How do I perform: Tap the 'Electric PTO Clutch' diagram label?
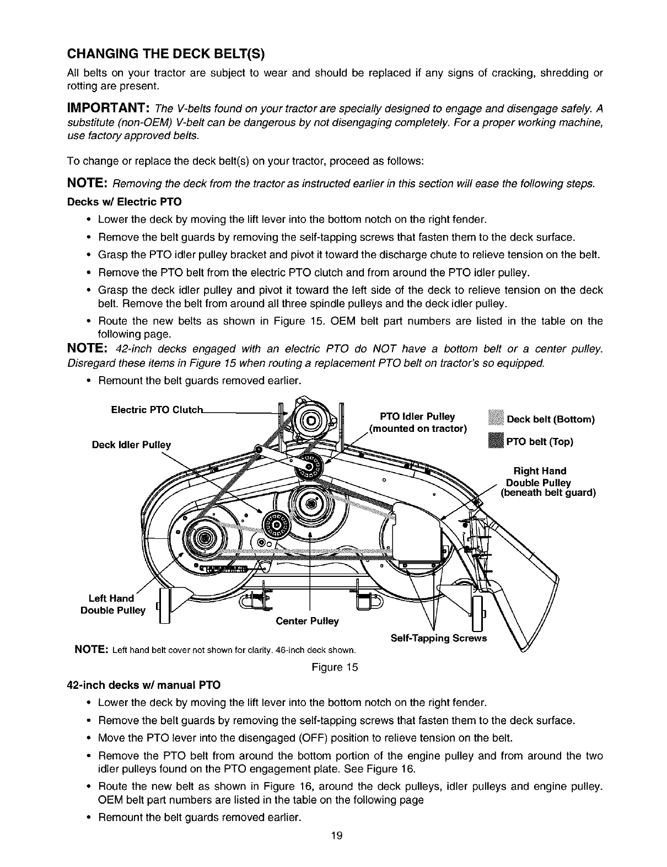158,410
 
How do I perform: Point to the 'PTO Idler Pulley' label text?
417,416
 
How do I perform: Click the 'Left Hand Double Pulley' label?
113,604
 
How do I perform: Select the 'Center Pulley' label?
307,622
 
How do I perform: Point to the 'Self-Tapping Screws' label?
438,638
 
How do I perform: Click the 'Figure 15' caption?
335,667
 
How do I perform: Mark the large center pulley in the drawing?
310,503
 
